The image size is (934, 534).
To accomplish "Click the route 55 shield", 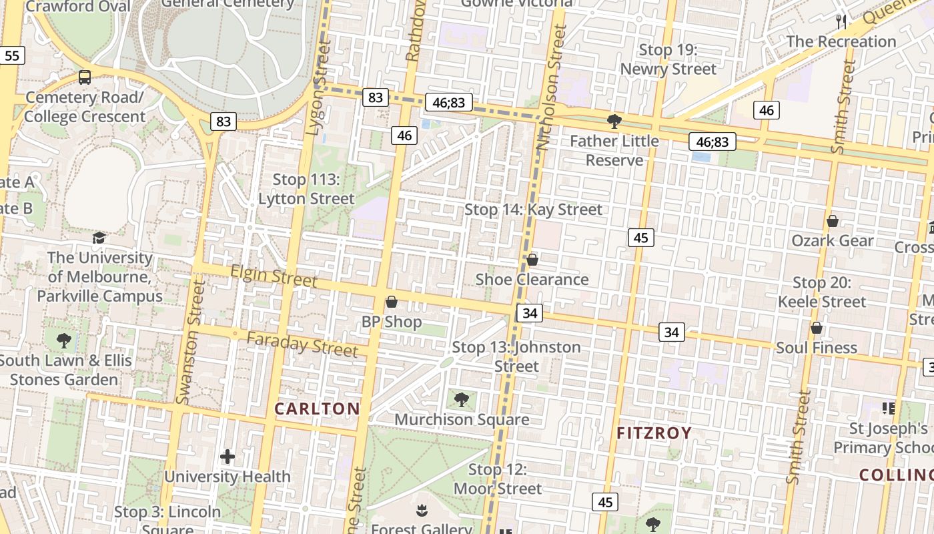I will click(12, 55).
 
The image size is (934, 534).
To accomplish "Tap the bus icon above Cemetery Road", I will click(85, 77).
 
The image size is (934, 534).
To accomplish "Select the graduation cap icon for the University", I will click(99, 238).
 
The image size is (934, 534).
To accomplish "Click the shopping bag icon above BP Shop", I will click(392, 302).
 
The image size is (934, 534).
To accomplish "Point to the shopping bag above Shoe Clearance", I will click(532, 259).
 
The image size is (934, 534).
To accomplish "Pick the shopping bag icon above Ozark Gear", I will click(833, 221).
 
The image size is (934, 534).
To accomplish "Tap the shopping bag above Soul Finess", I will click(817, 328).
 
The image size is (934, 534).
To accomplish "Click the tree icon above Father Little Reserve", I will click(614, 121).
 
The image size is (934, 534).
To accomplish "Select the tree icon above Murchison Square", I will click(461, 400).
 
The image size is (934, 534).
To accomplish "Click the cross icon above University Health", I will click(227, 457).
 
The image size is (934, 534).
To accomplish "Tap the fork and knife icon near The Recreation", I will click(841, 22).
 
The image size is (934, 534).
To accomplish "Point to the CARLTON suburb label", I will click(317, 409).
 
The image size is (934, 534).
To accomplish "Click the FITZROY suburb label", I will click(654, 433).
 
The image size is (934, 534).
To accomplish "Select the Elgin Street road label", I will click(274, 276).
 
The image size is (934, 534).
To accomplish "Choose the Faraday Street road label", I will click(302, 344).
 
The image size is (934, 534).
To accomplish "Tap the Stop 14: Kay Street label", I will click(533, 210).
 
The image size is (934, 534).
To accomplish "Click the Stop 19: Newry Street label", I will click(668, 59).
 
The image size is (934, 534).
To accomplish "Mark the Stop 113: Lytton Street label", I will click(306, 189).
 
